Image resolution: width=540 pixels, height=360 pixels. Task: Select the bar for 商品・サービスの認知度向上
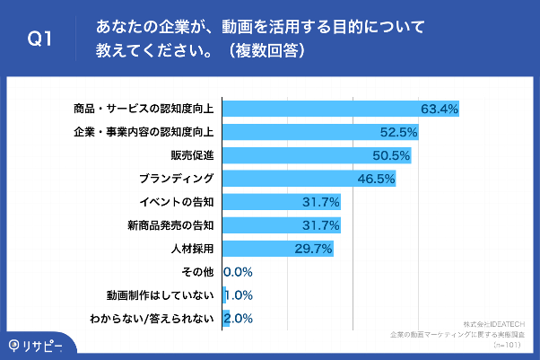pyautogui.click(x=341, y=109)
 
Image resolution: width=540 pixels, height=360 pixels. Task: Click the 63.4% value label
pyautogui.click(x=440, y=109)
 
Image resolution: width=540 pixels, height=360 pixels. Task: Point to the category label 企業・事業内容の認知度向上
pyautogui.click(x=144, y=132)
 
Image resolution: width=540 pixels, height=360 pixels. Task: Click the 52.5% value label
pyautogui.click(x=399, y=132)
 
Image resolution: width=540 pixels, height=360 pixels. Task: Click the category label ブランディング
pyautogui.click(x=177, y=178)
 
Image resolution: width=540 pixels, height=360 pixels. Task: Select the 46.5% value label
pyautogui.click(x=376, y=179)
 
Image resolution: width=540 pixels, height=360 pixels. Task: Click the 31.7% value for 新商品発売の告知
pyautogui.click(x=321, y=224)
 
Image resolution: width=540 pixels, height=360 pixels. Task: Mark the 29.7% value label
pyautogui.click(x=314, y=248)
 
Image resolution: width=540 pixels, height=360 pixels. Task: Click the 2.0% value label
pyautogui.click(x=240, y=318)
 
